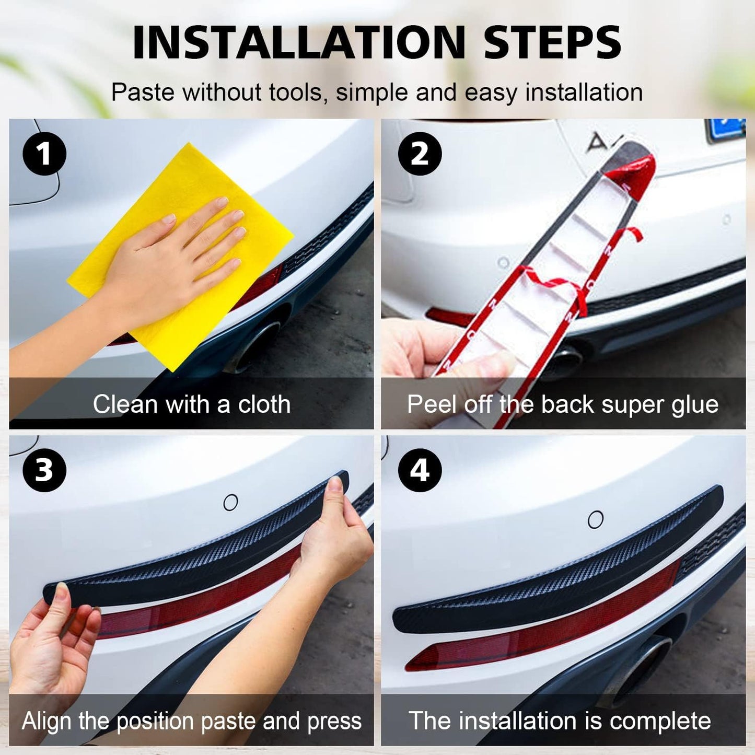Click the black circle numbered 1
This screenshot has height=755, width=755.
[44, 154]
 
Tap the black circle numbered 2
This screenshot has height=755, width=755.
[420, 154]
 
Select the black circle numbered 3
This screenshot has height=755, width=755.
[44, 470]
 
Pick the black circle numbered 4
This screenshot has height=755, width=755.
[420, 470]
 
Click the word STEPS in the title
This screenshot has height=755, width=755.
[552, 43]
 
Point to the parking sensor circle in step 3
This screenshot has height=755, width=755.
[230, 503]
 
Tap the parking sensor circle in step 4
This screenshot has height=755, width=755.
[596, 519]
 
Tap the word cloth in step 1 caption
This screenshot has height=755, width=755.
[264, 404]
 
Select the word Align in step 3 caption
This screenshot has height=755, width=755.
[46, 722]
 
